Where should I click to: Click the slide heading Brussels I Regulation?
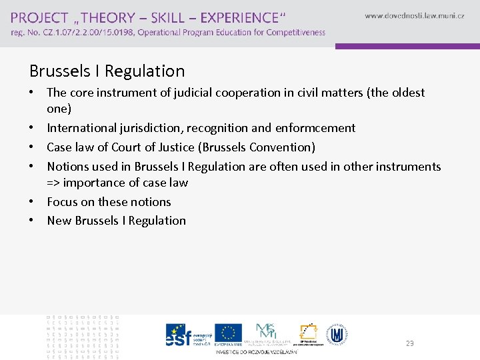pyautogui.click(x=107, y=71)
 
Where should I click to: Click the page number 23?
pyautogui.click(x=409, y=343)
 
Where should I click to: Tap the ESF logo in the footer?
pyautogui.click(x=179, y=335)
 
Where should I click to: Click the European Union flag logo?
pyautogui.click(x=229, y=333)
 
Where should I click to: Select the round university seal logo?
pyautogui.click(x=338, y=334)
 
